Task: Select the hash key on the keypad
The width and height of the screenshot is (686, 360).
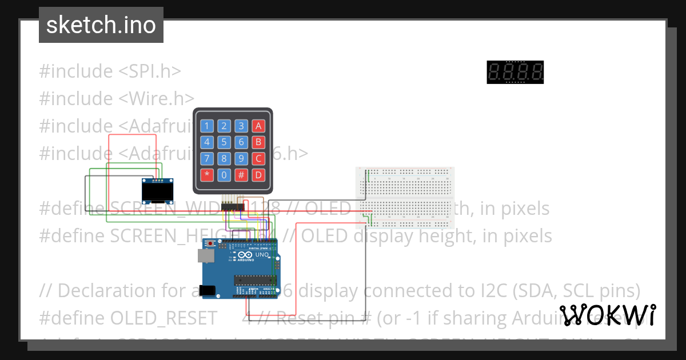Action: (x=242, y=175)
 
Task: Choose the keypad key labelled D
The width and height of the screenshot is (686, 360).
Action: (x=259, y=175)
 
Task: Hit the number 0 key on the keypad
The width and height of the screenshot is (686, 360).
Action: (x=225, y=175)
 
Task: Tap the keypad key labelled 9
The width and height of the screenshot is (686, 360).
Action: (x=242, y=159)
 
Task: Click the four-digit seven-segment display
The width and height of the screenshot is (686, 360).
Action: (x=515, y=73)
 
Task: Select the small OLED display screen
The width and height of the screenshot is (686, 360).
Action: (x=158, y=192)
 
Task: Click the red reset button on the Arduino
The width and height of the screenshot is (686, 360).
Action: (x=210, y=244)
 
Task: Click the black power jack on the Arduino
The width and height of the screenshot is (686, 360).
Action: (x=208, y=290)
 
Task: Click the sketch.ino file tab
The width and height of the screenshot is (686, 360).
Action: (x=101, y=25)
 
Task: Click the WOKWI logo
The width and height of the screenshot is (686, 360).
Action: (x=607, y=315)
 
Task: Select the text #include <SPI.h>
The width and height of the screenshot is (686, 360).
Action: (x=110, y=71)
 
